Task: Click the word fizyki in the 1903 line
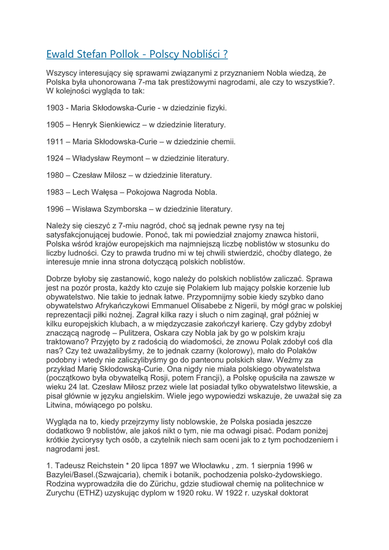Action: coord(214,108)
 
